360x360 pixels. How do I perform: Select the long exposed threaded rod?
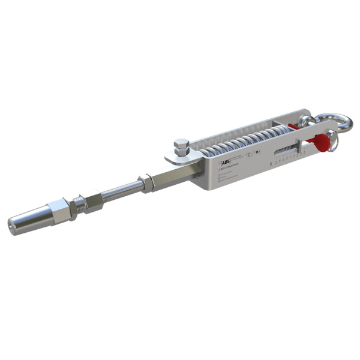point(118,190)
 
